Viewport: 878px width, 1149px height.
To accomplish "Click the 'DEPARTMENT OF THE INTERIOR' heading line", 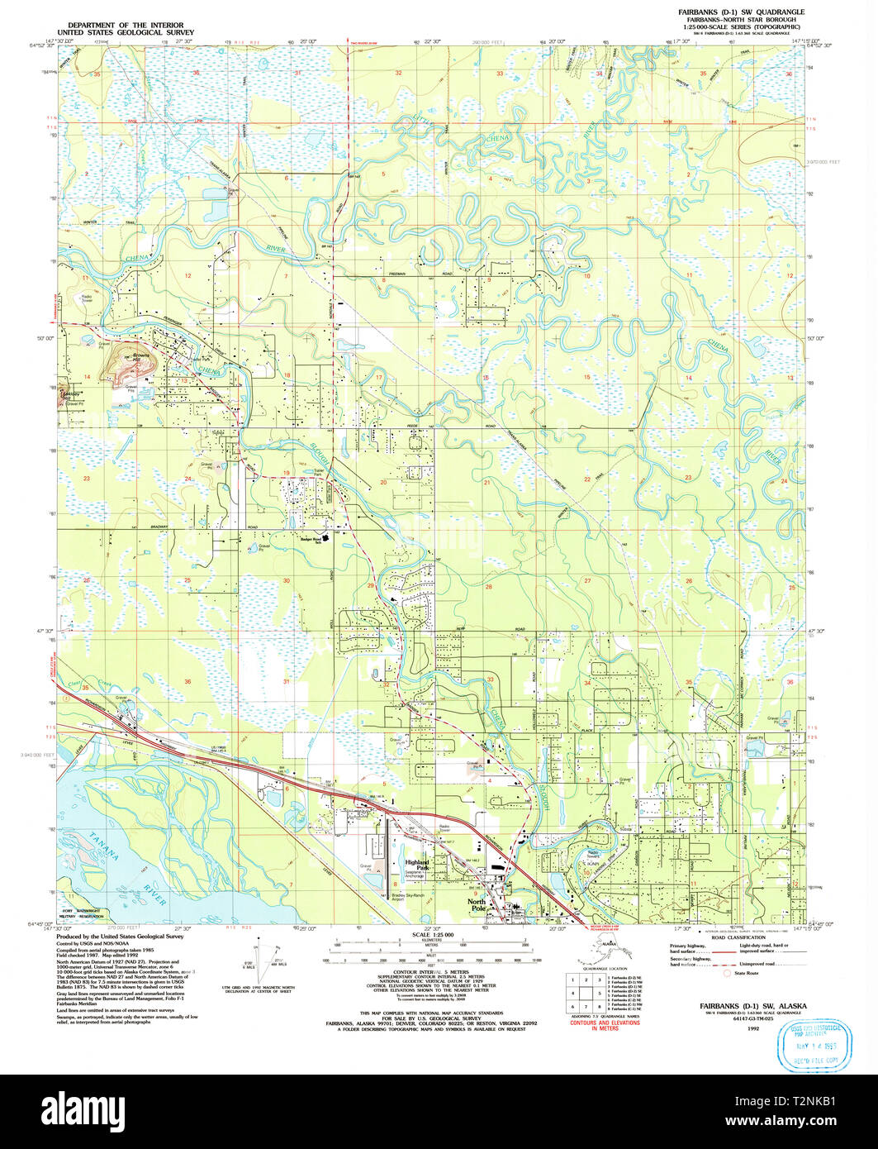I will tap(126, 26).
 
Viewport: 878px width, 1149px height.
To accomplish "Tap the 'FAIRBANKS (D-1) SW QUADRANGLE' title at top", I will tap(736, 12).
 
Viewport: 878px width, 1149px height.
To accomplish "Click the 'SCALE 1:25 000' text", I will tap(433, 935).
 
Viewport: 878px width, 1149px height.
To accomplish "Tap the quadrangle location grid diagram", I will tap(583, 992).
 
